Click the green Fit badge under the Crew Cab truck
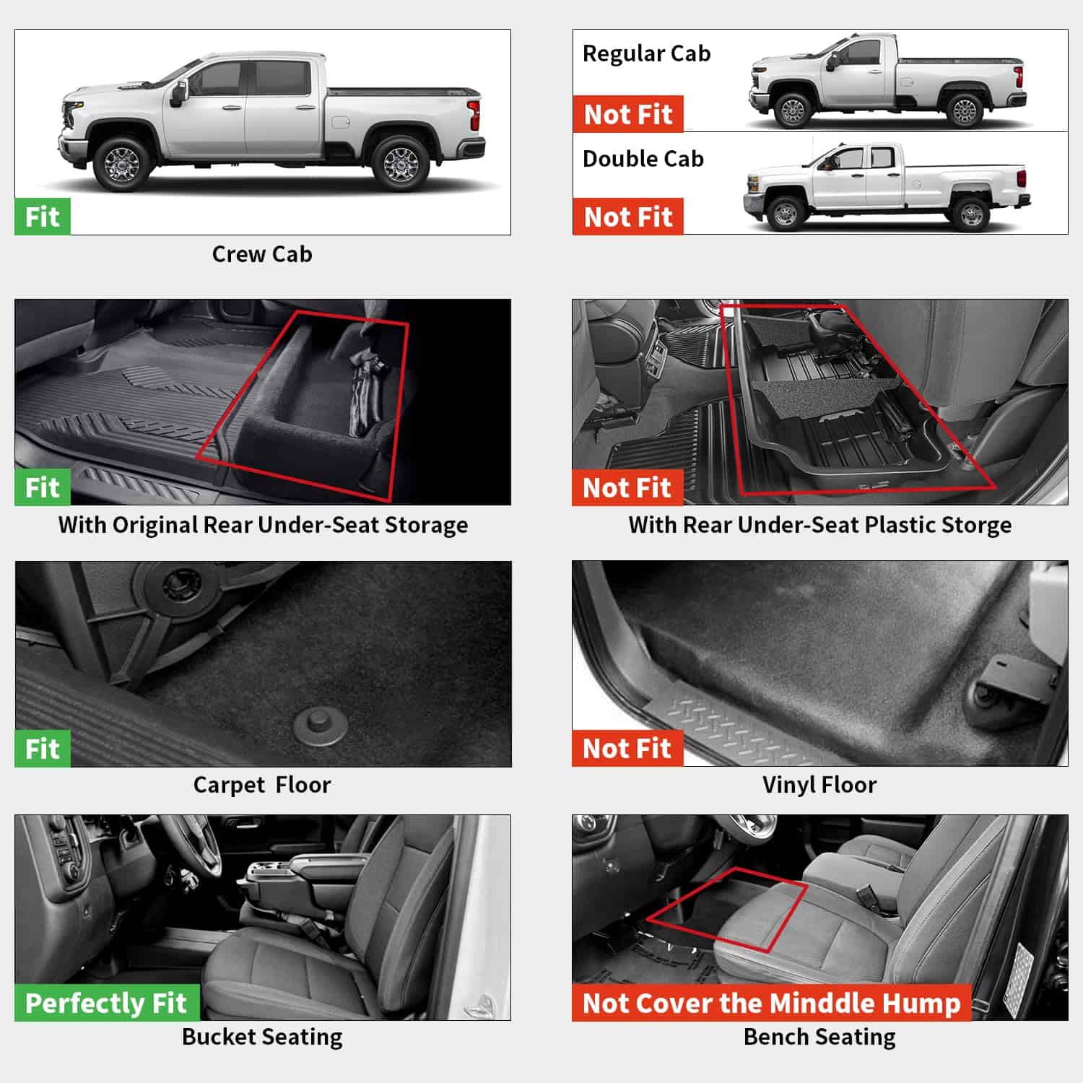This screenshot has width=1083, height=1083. (x=42, y=217)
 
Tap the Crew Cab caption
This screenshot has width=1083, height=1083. (x=261, y=254)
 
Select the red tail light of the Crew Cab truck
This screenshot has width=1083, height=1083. (x=474, y=115)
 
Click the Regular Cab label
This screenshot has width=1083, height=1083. (x=646, y=53)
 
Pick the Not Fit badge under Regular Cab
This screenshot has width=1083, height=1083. (x=627, y=114)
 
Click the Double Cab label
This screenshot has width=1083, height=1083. (x=643, y=159)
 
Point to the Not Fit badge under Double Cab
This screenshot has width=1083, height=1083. (x=627, y=217)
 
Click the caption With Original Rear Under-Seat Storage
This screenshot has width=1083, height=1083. (x=263, y=525)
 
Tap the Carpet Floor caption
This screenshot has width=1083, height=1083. (x=261, y=785)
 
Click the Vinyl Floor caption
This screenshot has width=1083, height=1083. (x=819, y=785)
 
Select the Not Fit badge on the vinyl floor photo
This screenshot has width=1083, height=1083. (x=626, y=749)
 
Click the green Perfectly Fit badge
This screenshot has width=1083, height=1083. (x=105, y=1003)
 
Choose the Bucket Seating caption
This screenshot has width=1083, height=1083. (x=261, y=1037)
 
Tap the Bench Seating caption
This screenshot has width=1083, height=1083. (x=819, y=1037)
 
